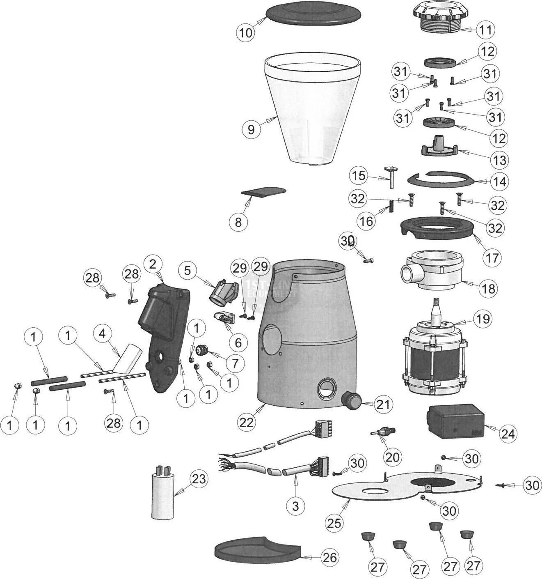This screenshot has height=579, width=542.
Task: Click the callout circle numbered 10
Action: (246, 32)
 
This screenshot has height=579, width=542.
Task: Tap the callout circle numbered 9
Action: (251, 130)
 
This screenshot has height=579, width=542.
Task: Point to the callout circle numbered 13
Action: (499, 160)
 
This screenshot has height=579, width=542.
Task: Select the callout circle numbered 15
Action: (359, 176)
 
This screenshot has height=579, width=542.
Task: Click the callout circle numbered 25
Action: (335, 523)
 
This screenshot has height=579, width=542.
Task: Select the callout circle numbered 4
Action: (102, 333)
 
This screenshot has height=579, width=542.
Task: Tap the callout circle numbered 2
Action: (153, 264)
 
